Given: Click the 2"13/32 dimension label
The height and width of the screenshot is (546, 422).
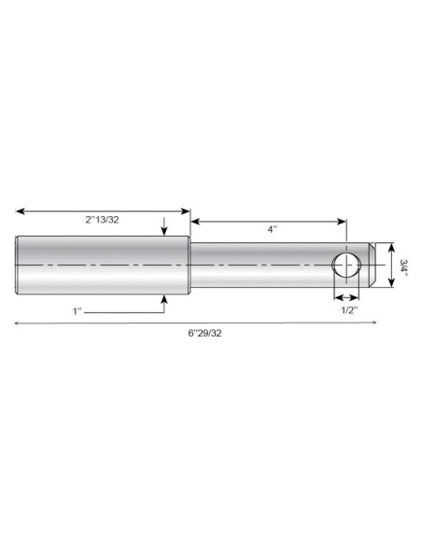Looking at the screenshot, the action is point(102,220).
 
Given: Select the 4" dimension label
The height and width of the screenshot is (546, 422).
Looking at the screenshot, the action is point(273,229).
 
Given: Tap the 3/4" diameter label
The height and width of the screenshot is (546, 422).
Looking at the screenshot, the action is point(403,266).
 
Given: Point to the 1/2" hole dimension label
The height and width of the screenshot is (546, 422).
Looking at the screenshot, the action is point(349,309).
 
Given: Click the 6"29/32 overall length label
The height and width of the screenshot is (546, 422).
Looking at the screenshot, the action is point(204,333).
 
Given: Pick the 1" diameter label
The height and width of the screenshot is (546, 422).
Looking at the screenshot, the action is point(77,311).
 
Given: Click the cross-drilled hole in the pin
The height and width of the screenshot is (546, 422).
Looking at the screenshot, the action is point(346,266).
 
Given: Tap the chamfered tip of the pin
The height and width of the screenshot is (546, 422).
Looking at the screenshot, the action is point(372,265).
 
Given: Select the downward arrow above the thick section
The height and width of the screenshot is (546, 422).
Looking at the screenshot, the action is point(164,226).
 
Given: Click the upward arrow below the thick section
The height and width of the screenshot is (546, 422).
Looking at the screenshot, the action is point(164,304).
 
